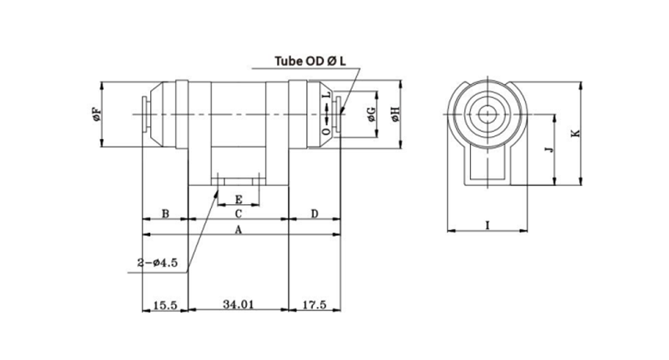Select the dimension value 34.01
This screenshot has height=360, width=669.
point(238,304)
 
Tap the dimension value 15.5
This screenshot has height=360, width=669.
point(163,304)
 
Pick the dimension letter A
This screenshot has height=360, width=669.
point(238,230)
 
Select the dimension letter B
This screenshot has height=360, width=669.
point(164,213)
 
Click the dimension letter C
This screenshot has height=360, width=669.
point(238,213)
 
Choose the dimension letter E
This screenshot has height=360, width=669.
point(238,199)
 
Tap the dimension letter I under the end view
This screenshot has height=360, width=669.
point(487,225)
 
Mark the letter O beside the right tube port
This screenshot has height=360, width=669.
point(326,132)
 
